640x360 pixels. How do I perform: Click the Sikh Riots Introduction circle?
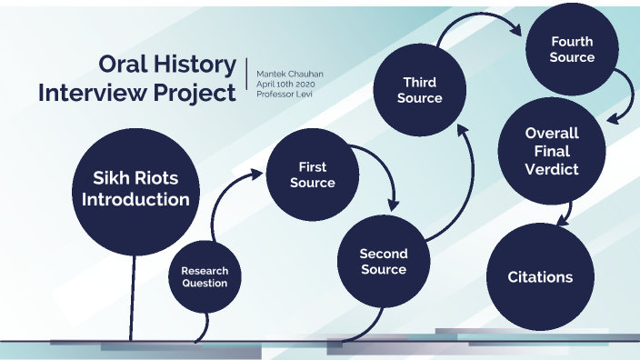(135, 189)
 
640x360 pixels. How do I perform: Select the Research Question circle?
(205, 276)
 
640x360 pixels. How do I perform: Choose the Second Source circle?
(383, 262)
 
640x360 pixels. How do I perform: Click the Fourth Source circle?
(572, 50)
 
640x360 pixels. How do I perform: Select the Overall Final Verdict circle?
(551, 151)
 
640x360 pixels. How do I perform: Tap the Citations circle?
(539, 275)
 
